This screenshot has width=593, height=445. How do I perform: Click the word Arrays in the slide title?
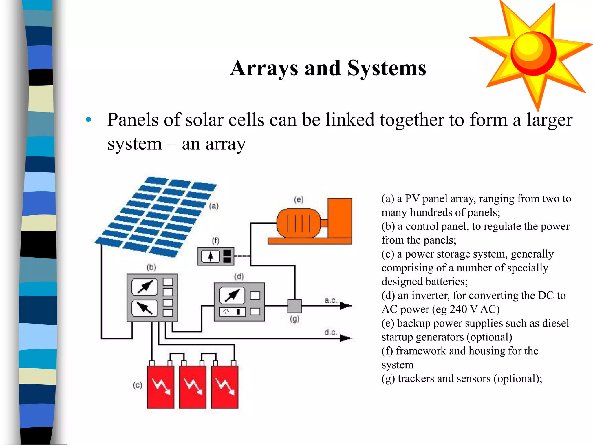[x=264, y=68]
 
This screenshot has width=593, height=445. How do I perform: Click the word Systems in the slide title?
[x=387, y=68]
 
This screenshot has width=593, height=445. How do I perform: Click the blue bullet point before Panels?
[x=89, y=119]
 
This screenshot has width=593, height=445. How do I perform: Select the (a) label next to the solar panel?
[x=214, y=206]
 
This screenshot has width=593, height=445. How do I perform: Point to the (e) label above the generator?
[x=299, y=199]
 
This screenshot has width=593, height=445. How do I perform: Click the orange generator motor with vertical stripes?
[x=299, y=223]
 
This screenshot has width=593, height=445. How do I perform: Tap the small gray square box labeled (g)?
[x=294, y=306]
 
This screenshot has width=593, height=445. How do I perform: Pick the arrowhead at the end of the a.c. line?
[x=346, y=306]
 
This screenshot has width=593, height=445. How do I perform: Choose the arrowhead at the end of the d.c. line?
[x=346, y=338]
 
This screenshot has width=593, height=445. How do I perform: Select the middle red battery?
[x=193, y=387]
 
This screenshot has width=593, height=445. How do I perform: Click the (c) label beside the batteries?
[x=138, y=385]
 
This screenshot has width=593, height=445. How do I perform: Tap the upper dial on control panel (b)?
[x=145, y=287]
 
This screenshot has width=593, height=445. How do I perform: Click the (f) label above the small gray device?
[x=215, y=240]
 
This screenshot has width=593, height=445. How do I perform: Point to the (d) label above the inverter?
[x=239, y=276]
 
